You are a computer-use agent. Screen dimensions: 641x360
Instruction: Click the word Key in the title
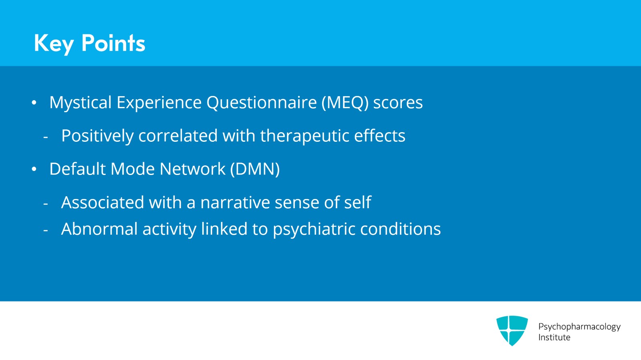click(x=54, y=44)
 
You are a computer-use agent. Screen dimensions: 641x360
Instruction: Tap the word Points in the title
click(x=113, y=43)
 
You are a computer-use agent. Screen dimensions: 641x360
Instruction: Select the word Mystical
click(x=81, y=103)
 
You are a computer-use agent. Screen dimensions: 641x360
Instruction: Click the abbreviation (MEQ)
click(x=345, y=103)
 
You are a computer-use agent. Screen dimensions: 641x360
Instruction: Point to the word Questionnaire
click(x=262, y=103)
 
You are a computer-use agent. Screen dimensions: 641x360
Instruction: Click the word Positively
click(x=98, y=136)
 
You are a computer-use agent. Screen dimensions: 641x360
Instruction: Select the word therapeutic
click(x=304, y=136)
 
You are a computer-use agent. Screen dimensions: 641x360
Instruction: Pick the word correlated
click(x=178, y=135)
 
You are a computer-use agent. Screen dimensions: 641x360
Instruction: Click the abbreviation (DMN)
click(x=255, y=169)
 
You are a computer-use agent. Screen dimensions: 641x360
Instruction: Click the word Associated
click(x=103, y=203)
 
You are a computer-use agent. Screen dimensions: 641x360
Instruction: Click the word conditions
click(x=400, y=229)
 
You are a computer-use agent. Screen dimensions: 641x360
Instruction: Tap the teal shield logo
click(x=512, y=330)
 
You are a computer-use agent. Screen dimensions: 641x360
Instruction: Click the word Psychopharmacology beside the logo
click(x=579, y=327)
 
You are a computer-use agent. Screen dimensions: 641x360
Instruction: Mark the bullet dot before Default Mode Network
click(x=34, y=169)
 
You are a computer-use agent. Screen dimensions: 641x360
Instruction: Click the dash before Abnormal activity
click(x=46, y=230)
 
